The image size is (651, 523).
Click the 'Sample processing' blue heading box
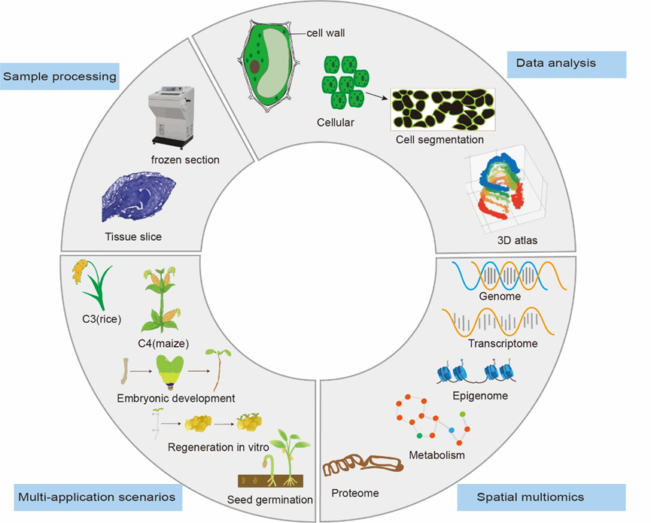coord(59,76)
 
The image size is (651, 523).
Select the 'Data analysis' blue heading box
coord(566,64)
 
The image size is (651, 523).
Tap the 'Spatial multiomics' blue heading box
coord(541,497)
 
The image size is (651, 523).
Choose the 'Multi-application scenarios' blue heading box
coord(98,497)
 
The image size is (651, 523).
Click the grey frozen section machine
coord(171,117)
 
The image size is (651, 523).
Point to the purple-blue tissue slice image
coord(138,197)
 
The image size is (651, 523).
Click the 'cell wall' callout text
coord(325,33)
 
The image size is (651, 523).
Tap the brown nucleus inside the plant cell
coord(254,66)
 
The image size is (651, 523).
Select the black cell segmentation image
coord(443,109)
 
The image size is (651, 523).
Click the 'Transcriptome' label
coord(503,344)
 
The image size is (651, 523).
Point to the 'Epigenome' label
coord(480,396)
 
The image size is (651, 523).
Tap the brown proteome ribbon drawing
coord(363,465)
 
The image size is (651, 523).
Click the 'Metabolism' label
coord(437,455)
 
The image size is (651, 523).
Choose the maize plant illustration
coord(162,300)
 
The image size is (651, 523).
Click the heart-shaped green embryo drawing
coord(170,372)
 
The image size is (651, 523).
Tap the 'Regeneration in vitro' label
coord(218,447)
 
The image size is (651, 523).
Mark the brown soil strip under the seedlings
coord(271,481)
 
